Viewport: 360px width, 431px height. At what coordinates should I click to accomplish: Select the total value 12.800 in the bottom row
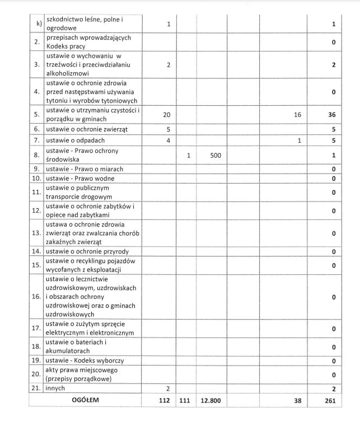coord(211,401)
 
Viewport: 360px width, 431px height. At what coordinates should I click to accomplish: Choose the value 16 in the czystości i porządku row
coord(297,114)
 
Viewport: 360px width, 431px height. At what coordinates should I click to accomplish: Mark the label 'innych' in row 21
coord(56,388)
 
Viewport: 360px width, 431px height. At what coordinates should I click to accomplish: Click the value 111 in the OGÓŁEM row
coord(186,401)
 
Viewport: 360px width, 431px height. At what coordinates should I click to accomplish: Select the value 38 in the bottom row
coord(297,401)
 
